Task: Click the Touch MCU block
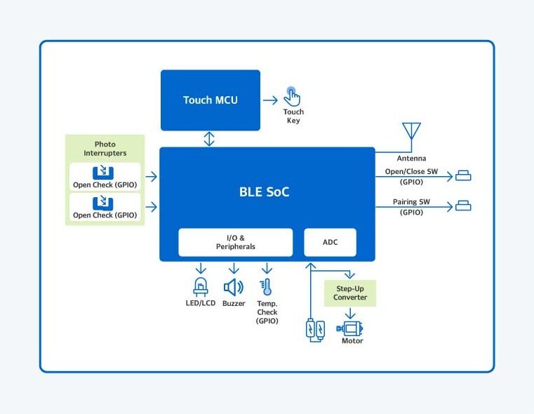pos(211,100)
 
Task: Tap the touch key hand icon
pos(292,96)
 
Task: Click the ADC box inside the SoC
pos(330,242)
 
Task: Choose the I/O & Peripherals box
pos(235,242)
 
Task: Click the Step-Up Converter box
pos(350,293)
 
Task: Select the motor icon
pos(351,327)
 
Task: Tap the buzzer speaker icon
pos(233,287)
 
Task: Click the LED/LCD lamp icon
pos(201,287)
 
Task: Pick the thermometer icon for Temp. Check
pos(266,287)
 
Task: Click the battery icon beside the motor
pos(315,330)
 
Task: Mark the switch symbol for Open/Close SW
pos(463,175)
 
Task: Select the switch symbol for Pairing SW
pos(463,206)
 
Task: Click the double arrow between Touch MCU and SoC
pos(209,138)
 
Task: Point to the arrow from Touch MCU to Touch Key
pos(270,100)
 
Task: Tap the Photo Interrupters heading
pos(105,149)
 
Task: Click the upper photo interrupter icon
pos(104,173)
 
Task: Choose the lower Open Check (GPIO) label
pos(105,215)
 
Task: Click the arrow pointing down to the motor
pos(350,314)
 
